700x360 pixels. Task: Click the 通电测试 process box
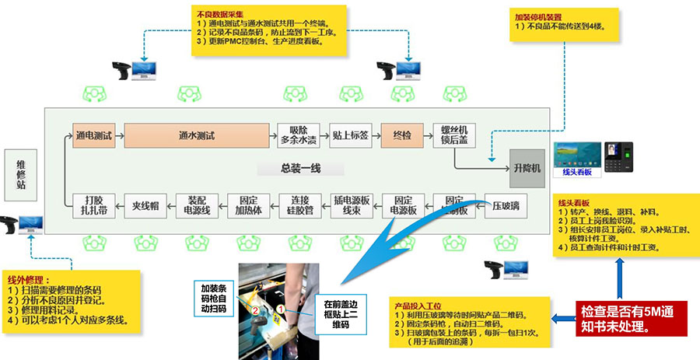[x=93, y=135]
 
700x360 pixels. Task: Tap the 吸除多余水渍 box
[x=299, y=135]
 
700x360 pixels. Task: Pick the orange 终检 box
[x=401, y=135]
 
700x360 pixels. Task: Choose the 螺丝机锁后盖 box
[x=453, y=135]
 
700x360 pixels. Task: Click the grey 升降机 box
[x=527, y=168]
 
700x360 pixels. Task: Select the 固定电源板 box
[x=403, y=205]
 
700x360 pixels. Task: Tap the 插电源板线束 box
[x=351, y=205]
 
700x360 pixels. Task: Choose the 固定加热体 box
[x=248, y=205]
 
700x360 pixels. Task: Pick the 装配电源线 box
[x=195, y=205]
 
